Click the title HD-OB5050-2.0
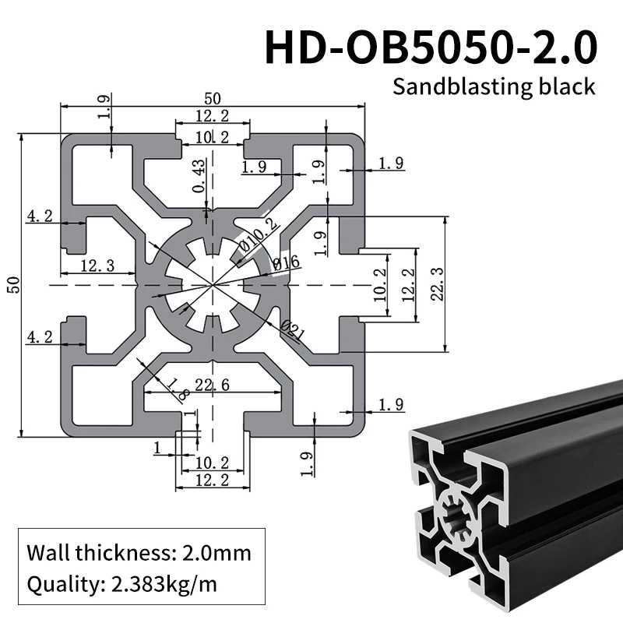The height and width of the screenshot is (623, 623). pos(431,48)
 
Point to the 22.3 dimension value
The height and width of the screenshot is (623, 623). pos(438,283)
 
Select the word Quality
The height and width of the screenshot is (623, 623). pos(58,583)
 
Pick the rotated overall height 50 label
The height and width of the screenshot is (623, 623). pos(12,285)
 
